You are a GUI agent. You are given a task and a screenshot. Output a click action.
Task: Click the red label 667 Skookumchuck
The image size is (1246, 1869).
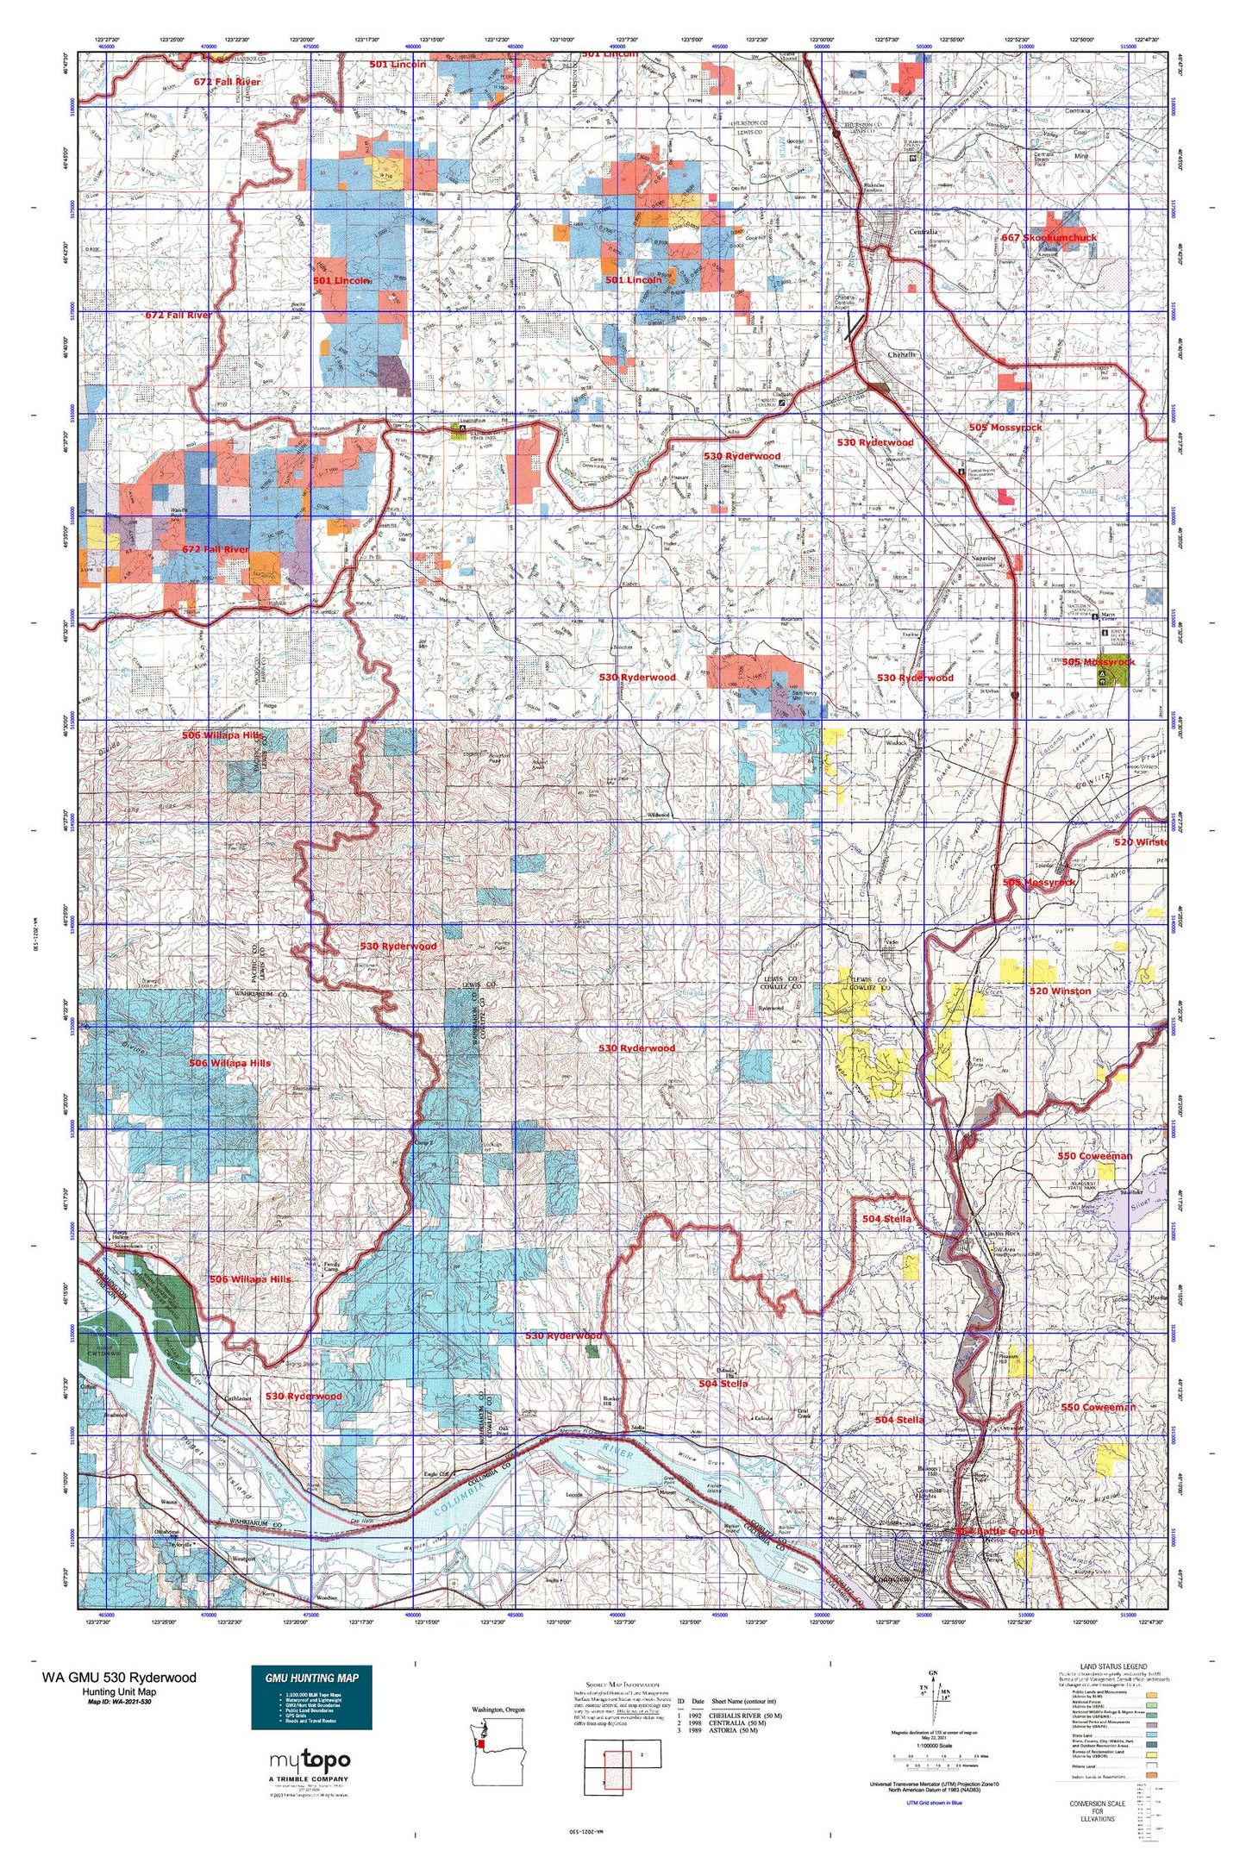pos(1049,238)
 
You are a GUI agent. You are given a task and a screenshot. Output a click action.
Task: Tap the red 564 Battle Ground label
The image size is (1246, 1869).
pos(1001,1531)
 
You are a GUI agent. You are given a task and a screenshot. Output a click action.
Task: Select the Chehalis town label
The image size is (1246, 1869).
pos(902,354)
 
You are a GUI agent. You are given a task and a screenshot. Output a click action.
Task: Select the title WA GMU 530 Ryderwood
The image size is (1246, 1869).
pos(118,1678)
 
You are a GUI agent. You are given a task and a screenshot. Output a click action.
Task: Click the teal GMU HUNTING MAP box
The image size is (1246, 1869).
pos(311,1697)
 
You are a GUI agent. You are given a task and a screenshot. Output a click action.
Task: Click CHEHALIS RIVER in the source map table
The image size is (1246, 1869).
pos(745,1715)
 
